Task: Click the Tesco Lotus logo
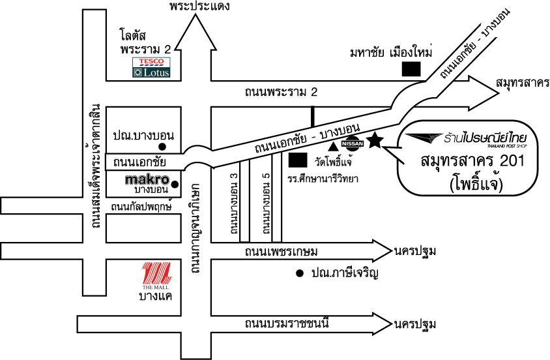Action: (151, 67)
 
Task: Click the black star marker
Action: (374, 140)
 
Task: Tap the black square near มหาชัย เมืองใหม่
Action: (411, 68)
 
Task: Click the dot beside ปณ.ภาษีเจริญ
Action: (300, 273)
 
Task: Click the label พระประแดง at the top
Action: (199, 7)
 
